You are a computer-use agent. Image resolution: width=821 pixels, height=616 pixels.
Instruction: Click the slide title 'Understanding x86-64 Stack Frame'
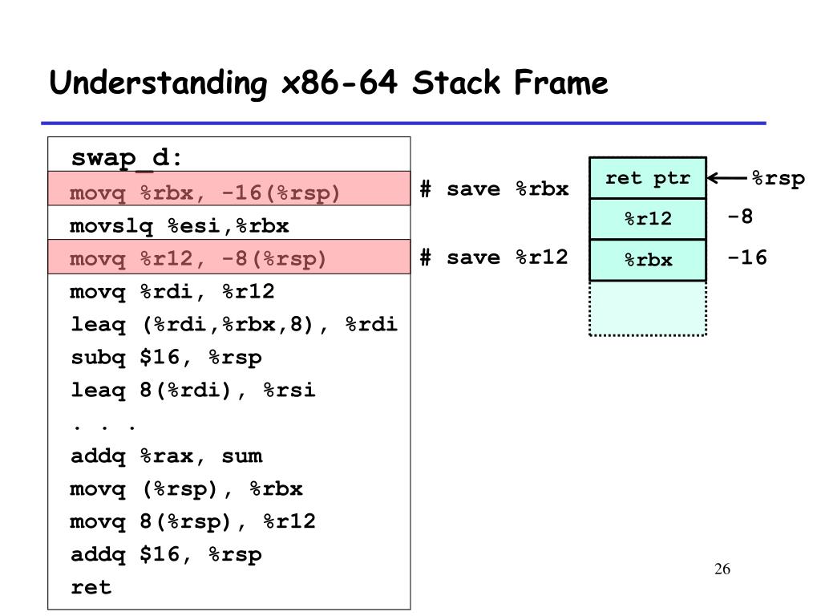click(x=329, y=83)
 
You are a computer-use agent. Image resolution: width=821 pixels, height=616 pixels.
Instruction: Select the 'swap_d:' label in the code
click(x=127, y=158)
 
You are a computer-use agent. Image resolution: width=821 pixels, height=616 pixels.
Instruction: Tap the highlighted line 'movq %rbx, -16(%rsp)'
click(x=205, y=193)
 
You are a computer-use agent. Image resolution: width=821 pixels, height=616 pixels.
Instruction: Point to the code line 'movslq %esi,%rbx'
click(x=179, y=226)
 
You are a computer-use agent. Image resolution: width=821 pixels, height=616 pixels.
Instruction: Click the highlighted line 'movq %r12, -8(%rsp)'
click(x=199, y=259)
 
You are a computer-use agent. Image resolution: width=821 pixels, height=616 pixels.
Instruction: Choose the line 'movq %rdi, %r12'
click(x=172, y=292)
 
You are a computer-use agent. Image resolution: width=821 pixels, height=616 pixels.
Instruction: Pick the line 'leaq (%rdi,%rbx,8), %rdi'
click(x=233, y=325)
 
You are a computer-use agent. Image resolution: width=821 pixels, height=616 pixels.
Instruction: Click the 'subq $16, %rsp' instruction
click(x=166, y=358)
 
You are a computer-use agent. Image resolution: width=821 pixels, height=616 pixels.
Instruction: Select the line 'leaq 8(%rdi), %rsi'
click(x=192, y=391)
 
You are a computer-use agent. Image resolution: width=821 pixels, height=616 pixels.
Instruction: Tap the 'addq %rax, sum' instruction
click(x=166, y=456)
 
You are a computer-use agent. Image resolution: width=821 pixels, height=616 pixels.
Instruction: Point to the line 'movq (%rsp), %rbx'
click(x=186, y=489)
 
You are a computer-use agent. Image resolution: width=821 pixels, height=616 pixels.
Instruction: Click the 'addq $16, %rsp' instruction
click(x=166, y=555)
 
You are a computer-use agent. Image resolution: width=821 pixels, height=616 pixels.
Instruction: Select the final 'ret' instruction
click(x=91, y=587)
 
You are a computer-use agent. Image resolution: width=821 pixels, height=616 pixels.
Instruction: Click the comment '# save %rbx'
click(x=494, y=189)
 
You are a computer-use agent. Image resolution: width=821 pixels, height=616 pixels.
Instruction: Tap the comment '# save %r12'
click(x=494, y=257)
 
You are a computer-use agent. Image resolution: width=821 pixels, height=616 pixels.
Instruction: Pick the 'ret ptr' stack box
click(x=648, y=178)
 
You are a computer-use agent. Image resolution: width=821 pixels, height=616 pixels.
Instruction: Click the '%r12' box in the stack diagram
click(x=648, y=218)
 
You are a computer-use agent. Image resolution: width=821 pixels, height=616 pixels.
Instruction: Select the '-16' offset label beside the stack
click(x=747, y=257)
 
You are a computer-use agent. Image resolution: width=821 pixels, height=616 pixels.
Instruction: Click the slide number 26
click(x=722, y=569)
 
